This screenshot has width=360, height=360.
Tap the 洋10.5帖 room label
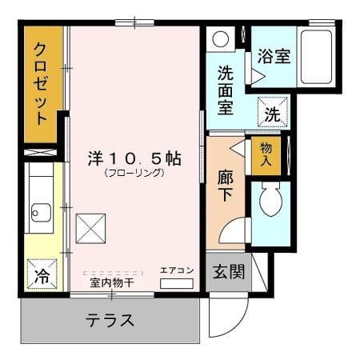pyautogui.click(x=134, y=158)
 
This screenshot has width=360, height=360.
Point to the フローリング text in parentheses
pyautogui.click(x=134, y=172)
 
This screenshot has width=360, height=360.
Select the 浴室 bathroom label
pyautogui.click(x=274, y=57)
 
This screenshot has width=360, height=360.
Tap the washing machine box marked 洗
pyautogui.click(x=272, y=114)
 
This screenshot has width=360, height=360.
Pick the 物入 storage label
pyautogui.click(x=266, y=154)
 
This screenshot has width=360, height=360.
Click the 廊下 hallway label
pyautogui.click(x=226, y=186)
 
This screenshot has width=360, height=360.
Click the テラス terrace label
pyautogui.click(x=110, y=322)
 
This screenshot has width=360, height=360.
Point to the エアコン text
pyautogui.click(x=177, y=270)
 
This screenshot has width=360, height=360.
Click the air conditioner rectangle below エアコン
pyautogui.click(x=177, y=283)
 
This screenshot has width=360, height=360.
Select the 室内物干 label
pyautogui.click(x=111, y=282)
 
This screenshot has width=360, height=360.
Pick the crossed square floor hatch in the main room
pyautogui.click(x=90, y=229)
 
